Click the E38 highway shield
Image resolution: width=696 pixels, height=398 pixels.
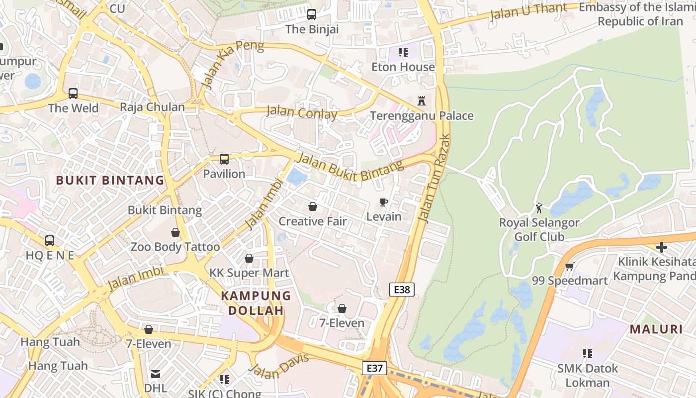pyautogui.click(x=402, y=290)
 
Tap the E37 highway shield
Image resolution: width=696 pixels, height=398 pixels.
pyautogui.click(x=374, y=368)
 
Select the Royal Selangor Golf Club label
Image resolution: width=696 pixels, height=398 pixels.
pyautogui.click(x=539, y=229)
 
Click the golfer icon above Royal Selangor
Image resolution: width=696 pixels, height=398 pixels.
pyautogui.click(x=539, y=207)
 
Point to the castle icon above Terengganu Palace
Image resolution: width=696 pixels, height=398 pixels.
pyautogui.click(x=422, y=101)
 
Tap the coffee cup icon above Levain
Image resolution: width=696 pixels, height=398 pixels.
pyautogui.click(x=383, y=202)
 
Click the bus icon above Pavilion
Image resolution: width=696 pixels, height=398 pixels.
pyautogui.click(x=224, y=159)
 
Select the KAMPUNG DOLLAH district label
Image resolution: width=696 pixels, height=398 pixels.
pyautogui.click(x=256, y=303)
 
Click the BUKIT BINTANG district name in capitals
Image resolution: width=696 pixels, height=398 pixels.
pyautogui.click(x=110, y=180)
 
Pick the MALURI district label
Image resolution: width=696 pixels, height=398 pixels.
pyautogui.click(x=656, y=329)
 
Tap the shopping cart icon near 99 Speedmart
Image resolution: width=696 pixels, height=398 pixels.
pyautogui.click(x=570, y=266)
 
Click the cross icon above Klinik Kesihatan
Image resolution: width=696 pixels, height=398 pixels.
pyautogui.click(x=661, y=247)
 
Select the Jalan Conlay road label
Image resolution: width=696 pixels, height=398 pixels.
pyautogui.click(x=302, y=112)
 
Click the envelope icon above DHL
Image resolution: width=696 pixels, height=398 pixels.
pyautogui.click(x=156, y=374)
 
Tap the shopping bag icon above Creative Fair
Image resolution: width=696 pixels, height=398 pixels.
pyautogui.click(x=313, y=206)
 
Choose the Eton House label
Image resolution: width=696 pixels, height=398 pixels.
pyautogui.click(x=403, y=67)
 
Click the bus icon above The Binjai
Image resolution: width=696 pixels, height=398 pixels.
pyautogui.click(x=312, y=14)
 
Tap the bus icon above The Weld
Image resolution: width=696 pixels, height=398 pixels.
pyautogui.click(x=73, y=93)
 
